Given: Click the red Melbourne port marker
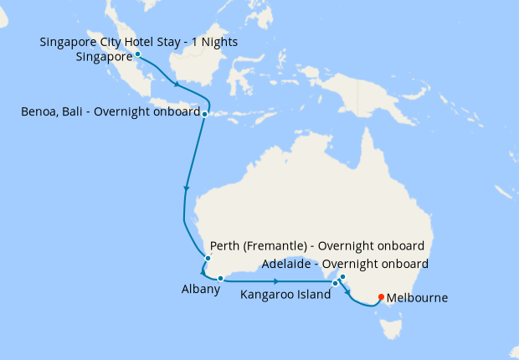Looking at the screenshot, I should pos(382,296).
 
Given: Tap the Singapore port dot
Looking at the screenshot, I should pos(137,54).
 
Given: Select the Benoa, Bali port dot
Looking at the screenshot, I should pos(204,112).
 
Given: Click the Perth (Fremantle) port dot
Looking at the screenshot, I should pos(207,258).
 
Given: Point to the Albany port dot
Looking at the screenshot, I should pos(219,278).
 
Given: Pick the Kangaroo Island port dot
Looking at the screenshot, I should pos(334,284).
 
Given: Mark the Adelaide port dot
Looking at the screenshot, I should pos(342,276).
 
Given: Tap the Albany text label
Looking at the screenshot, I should pos(200,290).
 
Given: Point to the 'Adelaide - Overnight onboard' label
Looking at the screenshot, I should pos(345,264).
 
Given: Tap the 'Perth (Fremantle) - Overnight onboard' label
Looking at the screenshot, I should pos(317,246).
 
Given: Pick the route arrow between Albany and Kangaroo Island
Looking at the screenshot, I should pos(275,280).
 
